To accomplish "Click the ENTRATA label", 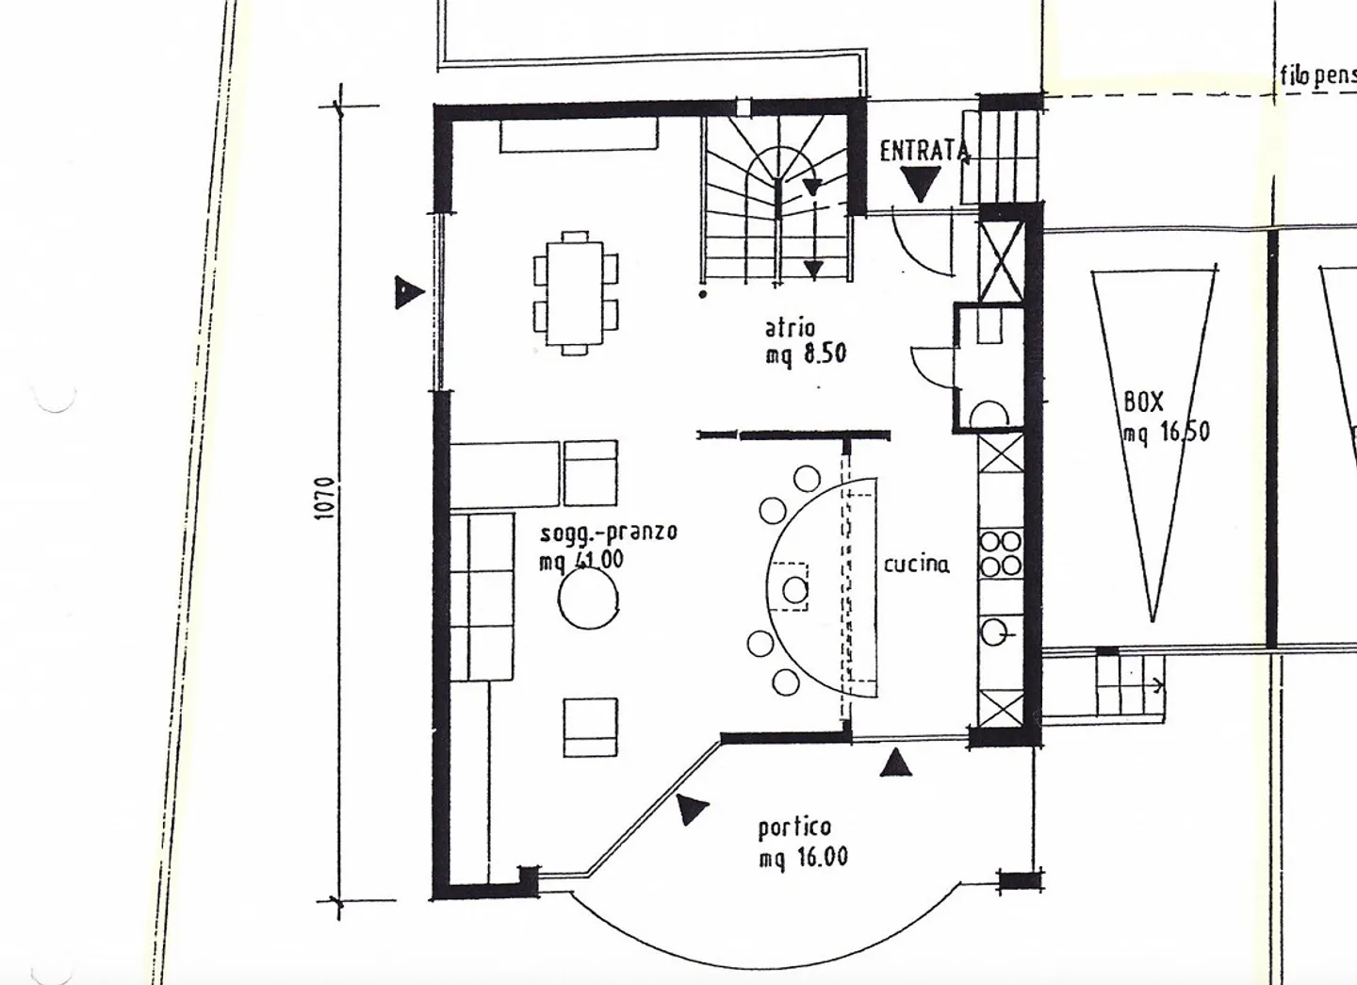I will point(924,151).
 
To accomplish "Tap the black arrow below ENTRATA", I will point(920,183).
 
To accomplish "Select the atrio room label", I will point(790,328).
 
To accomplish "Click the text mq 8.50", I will point(806,355).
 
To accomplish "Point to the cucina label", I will point(916,565).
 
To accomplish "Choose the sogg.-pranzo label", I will point(608,533).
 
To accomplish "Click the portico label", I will point(794,828).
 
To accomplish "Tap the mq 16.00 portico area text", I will point(803,857).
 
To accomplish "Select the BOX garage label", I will point(1143,402).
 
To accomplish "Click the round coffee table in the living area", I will point(588,599).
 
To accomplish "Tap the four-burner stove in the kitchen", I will point(1001,553).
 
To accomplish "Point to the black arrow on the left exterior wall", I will point(408,292).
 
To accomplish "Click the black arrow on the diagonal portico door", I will point(692,809).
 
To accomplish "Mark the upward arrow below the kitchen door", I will point(895,763).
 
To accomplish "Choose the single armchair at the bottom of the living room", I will point(591,727).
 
